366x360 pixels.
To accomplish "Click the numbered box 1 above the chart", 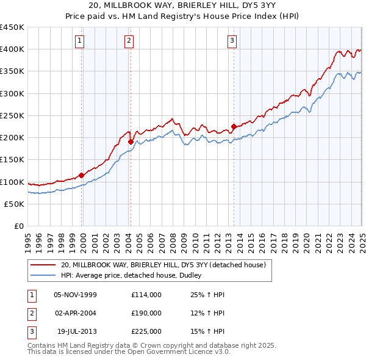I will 80,41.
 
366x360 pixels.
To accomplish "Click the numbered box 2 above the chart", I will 129,41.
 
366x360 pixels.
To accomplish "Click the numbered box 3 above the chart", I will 232,41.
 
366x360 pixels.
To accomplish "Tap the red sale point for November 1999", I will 82,175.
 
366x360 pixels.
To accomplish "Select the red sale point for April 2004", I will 131,142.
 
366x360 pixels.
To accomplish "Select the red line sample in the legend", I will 43,265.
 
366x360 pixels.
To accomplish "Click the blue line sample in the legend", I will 43,276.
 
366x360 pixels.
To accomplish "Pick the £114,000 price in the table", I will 146,295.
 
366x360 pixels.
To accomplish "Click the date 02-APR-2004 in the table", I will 76,313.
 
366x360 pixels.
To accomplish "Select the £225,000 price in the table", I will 146,331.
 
